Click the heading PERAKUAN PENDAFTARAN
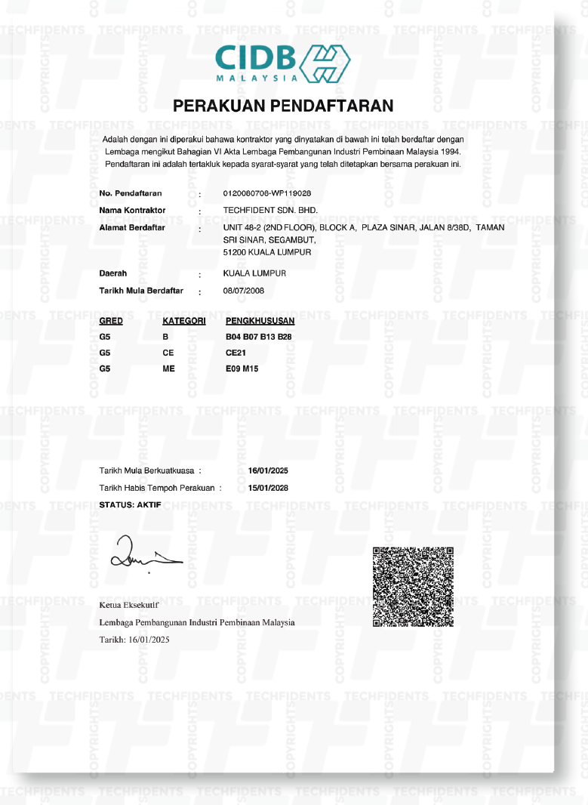[x=283, y=106]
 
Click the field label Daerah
[x=113, y=273]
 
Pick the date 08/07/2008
[x=244, y=291]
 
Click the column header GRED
[x=110, y=321]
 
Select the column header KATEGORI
[x=184, y=321]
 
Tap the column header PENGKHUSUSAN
[x=260, y=321]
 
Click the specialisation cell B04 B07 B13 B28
[x=258, y=336]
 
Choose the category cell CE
[x=168, y=353]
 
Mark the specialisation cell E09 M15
[x=242, y=369]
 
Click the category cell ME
[x=168, y=369]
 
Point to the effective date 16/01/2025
[x=268, y=471]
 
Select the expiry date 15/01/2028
[x=268, y=488]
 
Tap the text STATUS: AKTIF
[x=130, y=504]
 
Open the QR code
[x=414, y=585]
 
